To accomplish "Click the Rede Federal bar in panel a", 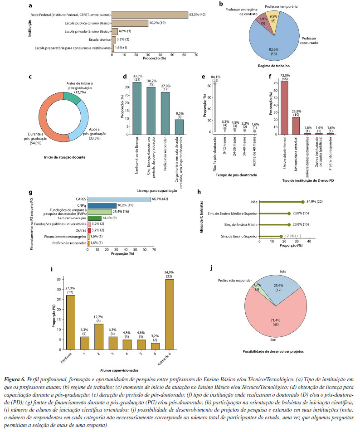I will point(150,15).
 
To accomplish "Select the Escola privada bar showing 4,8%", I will point(114,31).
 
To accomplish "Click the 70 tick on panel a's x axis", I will point(196,55).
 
